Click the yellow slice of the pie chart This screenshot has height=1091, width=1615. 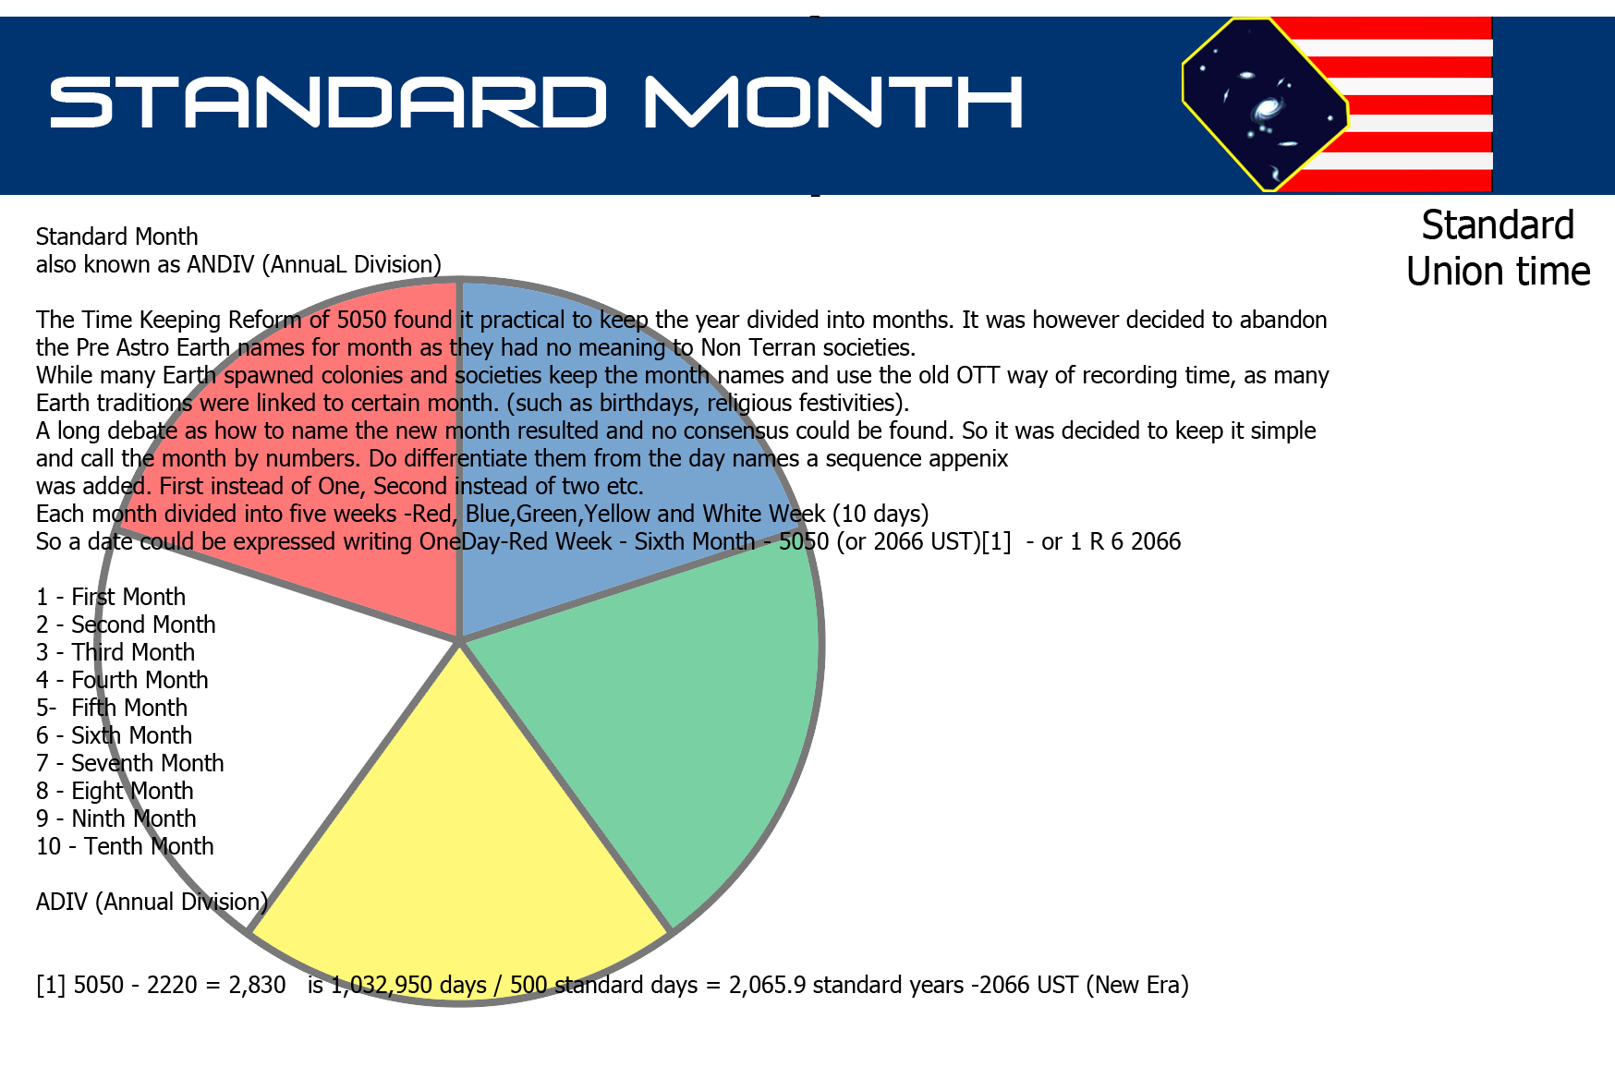460,859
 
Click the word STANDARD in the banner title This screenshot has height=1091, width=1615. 329,102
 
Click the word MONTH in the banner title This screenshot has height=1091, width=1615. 834,102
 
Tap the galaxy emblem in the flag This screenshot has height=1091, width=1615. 1265,104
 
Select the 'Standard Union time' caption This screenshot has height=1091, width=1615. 1498,249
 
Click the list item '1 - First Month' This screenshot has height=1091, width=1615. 111,597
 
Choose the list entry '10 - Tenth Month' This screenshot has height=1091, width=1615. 125,846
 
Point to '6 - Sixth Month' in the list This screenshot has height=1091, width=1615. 114,735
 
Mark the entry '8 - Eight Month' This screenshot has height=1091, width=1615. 115,791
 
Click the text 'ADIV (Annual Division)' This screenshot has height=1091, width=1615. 152,902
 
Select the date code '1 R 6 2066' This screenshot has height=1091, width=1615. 1125,541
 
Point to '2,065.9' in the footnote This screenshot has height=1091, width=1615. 767,985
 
